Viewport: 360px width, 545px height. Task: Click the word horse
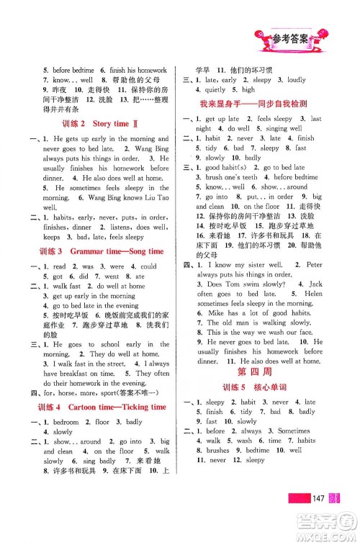[x=71, y=393]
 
